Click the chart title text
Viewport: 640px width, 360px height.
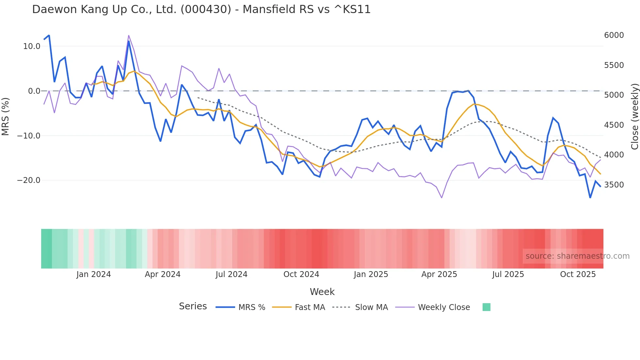pyautogui.click(x=201, y=9)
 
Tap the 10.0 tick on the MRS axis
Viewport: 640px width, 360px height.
pyautogui.click(x=32, y=46)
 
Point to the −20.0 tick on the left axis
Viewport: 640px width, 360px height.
pyautogui.click(x=29, y=180)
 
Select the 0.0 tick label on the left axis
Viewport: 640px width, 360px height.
pyautogui.click(x=34, y=91)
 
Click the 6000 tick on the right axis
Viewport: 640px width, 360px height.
pyautogui.click(x=614, y=35)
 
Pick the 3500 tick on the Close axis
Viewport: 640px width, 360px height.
pyautogui.click(x=614, y=185)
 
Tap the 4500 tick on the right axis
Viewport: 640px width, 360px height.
pyautogui.click(x=614, y=125)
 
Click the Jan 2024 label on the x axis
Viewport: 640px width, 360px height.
pyautogui.click(x=93, y=274)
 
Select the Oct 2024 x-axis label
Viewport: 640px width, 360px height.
pyautogui.click(x=301, y=274)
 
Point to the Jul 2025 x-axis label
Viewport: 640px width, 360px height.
pyautogui.click(x=508, y=274)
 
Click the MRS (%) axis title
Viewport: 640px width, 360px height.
pyautogui.click(x=6, y=116)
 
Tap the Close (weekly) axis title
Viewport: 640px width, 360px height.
pyautogui.click(x=634, y=116)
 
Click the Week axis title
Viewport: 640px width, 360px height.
pyautogui.click(x=322, y=292)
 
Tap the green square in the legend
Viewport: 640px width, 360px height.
pyautogui.click(x=486, y=307)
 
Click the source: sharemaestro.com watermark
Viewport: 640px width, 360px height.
pyautogui.click(x=577, y=256)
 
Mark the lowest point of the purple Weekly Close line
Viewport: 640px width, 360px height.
pyautogui.click(x=441, y=198)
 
